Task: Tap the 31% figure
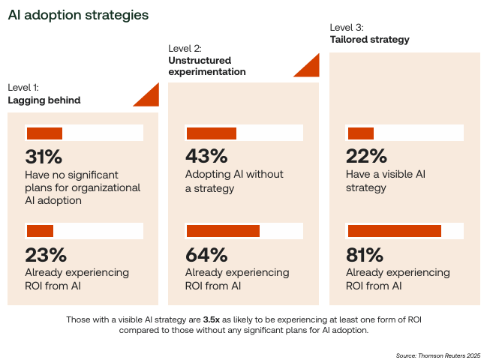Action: [x=44, y=157]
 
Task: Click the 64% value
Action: [x=206, y=254]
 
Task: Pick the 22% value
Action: [x=366, y=157]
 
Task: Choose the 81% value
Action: [x=365, y=254]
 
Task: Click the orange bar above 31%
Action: [x=44, y=133]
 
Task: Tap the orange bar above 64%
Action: [x=223, y=231]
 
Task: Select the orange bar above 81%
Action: [x=394, y=231]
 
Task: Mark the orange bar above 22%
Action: [x=360, y=133]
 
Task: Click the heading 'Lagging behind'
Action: [x=44, y=100]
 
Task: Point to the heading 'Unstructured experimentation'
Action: [x=206, y=66]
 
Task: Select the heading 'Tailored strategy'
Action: [x=370, y=40]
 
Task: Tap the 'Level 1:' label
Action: [x=23, y=88]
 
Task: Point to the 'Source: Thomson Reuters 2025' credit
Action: [x=437, y=355]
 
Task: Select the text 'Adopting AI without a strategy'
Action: [x=234, y=181]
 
